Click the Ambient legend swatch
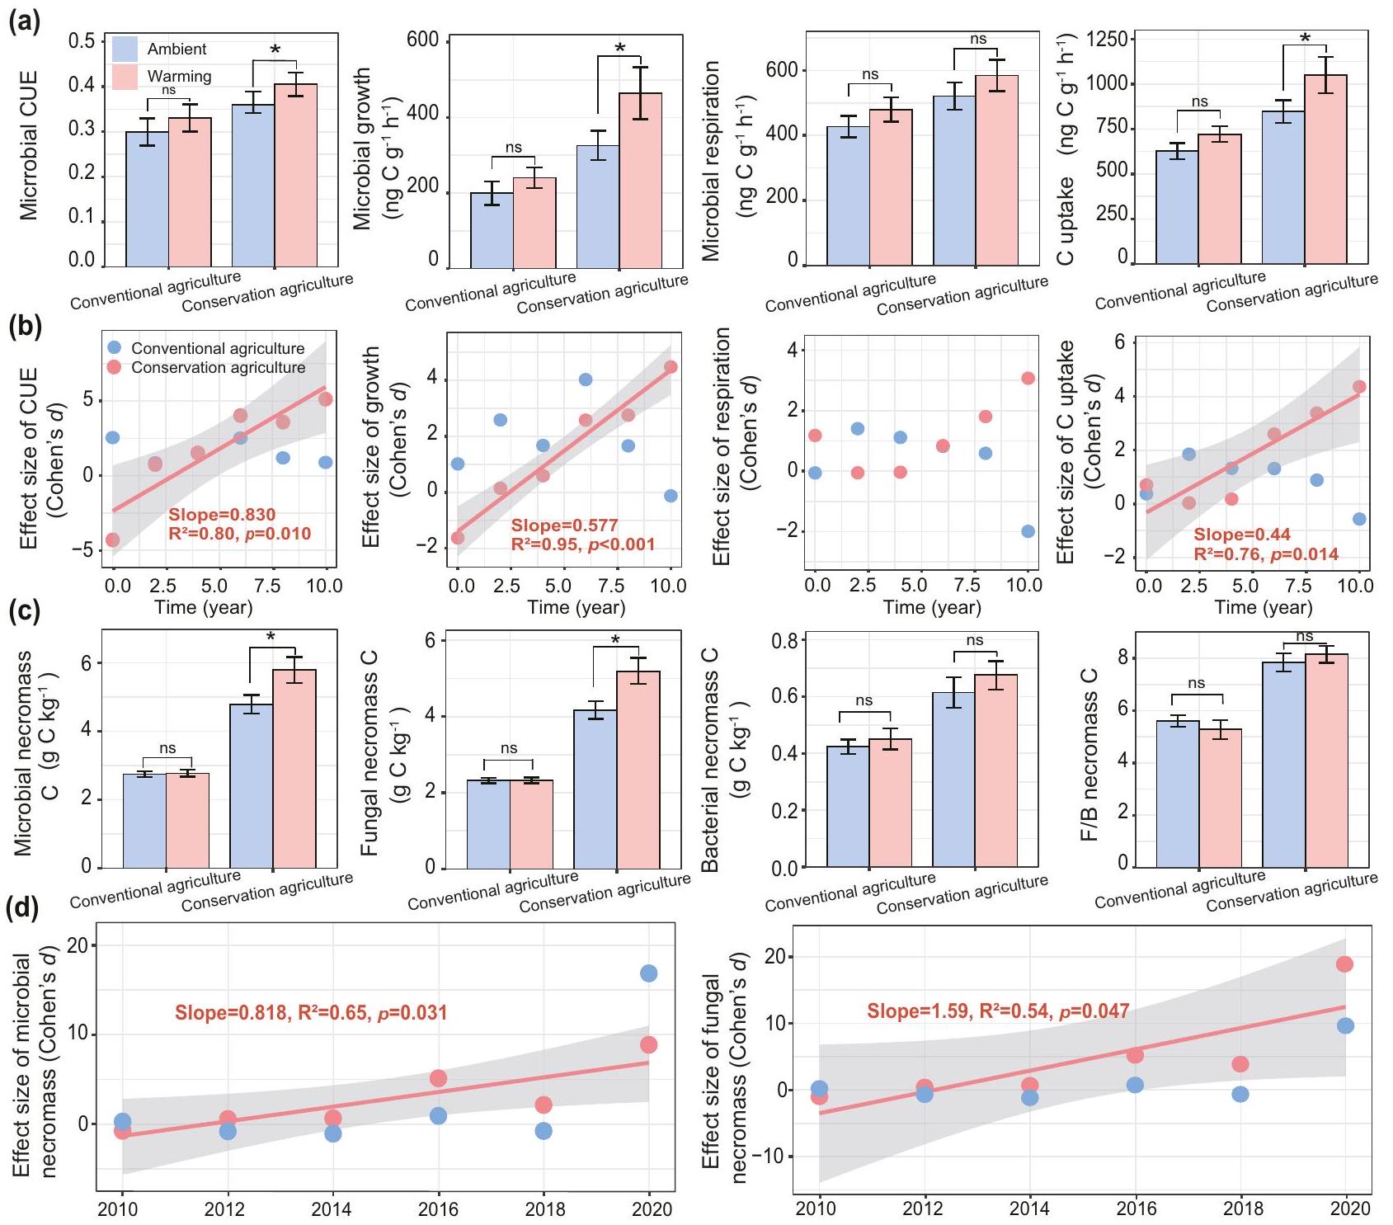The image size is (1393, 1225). click(x=125, y=49)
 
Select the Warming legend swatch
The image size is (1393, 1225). click(x=125, y=77)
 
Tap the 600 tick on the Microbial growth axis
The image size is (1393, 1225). click(x=423, y=40)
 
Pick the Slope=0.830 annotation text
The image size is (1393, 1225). click(x=222, y=516)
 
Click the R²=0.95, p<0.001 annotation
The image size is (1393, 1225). click(x=582, y=544)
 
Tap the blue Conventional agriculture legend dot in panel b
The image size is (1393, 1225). click(x=115, y=347)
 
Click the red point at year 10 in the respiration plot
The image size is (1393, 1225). click(x=1028, y=378)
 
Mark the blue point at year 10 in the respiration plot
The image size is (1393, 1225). click(x=1028, y=531)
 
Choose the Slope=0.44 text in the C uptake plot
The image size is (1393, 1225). click(x=1241, y=535)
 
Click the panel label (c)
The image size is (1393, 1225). click(x=23, y=611)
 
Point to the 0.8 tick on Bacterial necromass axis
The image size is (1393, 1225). click(x=784, y=640)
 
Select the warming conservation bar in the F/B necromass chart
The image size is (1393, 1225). click(x=1326, y=759)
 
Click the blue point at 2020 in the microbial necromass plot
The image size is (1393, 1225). click(x=648, y=973)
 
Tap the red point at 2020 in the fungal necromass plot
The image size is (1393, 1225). click(x=1344, y=964)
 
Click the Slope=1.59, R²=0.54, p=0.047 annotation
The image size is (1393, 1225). click(x=997, y=1011)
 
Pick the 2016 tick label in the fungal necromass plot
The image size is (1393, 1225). click(x=1136, y=1209)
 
